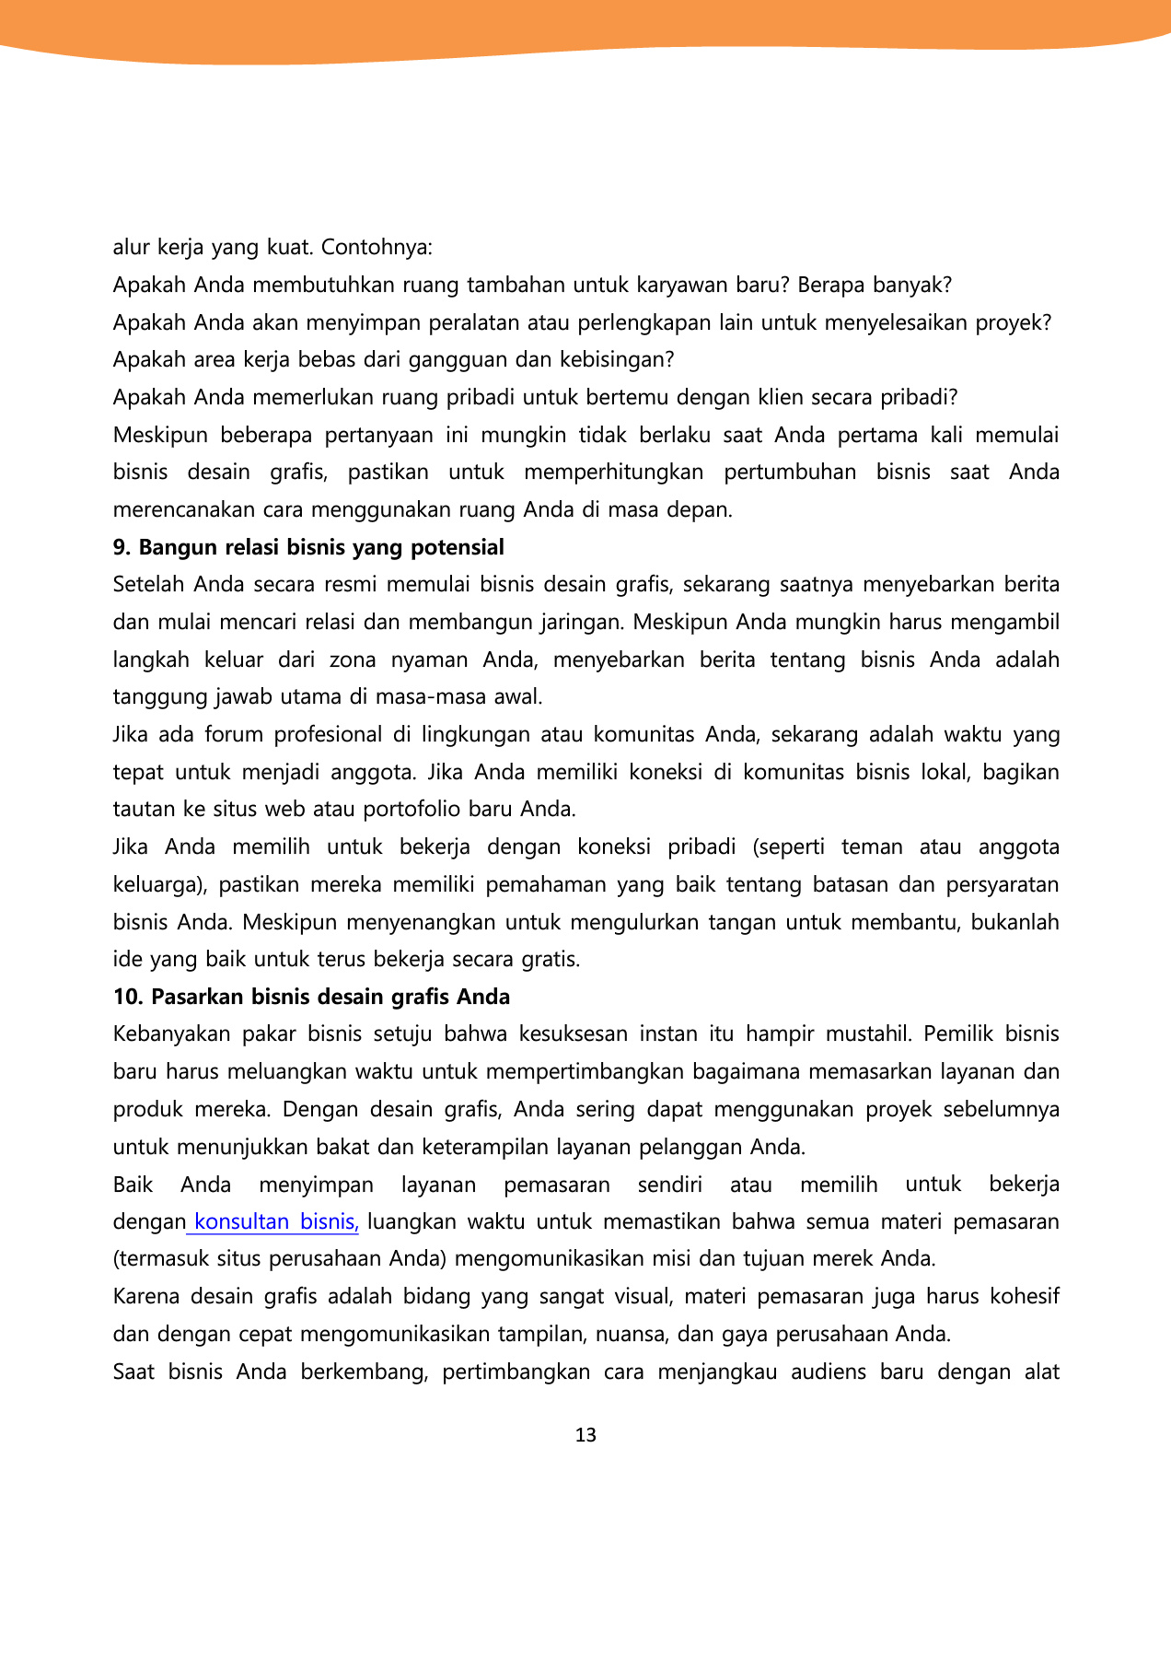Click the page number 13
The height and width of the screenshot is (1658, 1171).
[x=585, y=1435]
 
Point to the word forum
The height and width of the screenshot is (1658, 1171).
[x=228, y=735]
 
